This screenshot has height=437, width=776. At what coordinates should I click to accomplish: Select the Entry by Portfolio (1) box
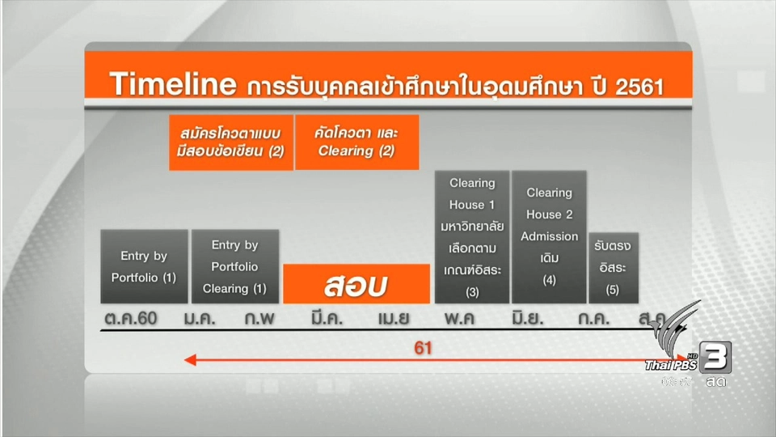pyautogui.click(x=144, y=266)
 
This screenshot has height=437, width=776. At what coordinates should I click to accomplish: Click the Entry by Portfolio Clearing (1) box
pyautogui.click(x=235, y=266)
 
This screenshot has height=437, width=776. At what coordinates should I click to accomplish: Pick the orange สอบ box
pyautogui.click(x=356, y=284)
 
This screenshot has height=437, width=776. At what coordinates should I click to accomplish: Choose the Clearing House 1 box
pyautogui.click(x=472, y=236)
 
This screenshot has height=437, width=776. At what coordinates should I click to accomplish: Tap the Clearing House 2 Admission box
pyautogui.click(x=549, y=236)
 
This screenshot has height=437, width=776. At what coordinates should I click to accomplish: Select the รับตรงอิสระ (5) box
pyautogui.click(x=612, y=266)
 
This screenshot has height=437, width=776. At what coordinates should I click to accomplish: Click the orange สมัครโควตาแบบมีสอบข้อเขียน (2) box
pyautogui.click(x=230, y=142)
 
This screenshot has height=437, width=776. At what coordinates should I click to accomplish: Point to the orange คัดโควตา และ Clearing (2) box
pyautogui.click(x=356, y=142)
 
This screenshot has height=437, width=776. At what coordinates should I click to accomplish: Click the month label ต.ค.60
pyautogui.click(x=130, y=318)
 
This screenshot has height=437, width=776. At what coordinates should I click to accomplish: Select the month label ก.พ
pyautogui.click(x=260, y=318)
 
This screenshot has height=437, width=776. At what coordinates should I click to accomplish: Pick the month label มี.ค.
pyautogui.click(x=327, y=318)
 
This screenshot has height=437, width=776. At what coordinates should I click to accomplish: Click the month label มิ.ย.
pyautogui.click(x=527, y=318)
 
